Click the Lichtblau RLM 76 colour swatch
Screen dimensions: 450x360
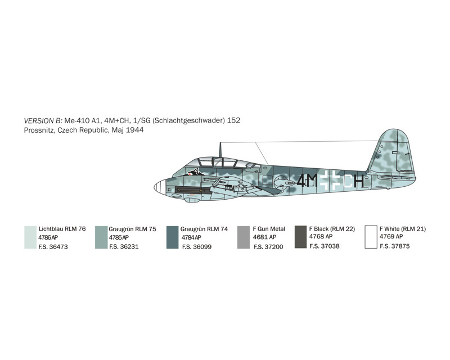point(30,237)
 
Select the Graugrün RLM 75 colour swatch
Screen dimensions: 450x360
point(101,237)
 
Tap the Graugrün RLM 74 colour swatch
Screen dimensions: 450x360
point(173,237)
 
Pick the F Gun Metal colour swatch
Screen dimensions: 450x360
point(244,237)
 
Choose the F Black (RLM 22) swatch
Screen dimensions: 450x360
point(301,237)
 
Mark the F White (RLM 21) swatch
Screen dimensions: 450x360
point(371,237)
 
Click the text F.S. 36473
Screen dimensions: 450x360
point(53,246)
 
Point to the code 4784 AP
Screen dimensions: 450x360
point(191,237)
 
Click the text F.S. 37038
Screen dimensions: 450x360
point(325,246)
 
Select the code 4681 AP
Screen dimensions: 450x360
point(264,237)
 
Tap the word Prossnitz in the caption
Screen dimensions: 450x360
point(39,130)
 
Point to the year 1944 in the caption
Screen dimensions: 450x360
point(134,130)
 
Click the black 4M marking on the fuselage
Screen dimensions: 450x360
point(307,181)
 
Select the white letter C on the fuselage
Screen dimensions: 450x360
point(348,181)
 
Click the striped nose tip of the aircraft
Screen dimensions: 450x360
point(160,187)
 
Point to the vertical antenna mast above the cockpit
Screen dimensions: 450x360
point(220,150)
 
